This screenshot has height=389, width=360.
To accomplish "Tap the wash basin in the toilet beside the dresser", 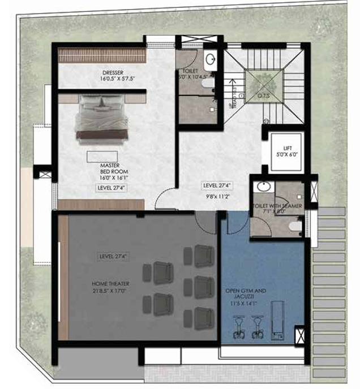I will point(211,59).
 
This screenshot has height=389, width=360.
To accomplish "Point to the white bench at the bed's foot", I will point(102,155).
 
